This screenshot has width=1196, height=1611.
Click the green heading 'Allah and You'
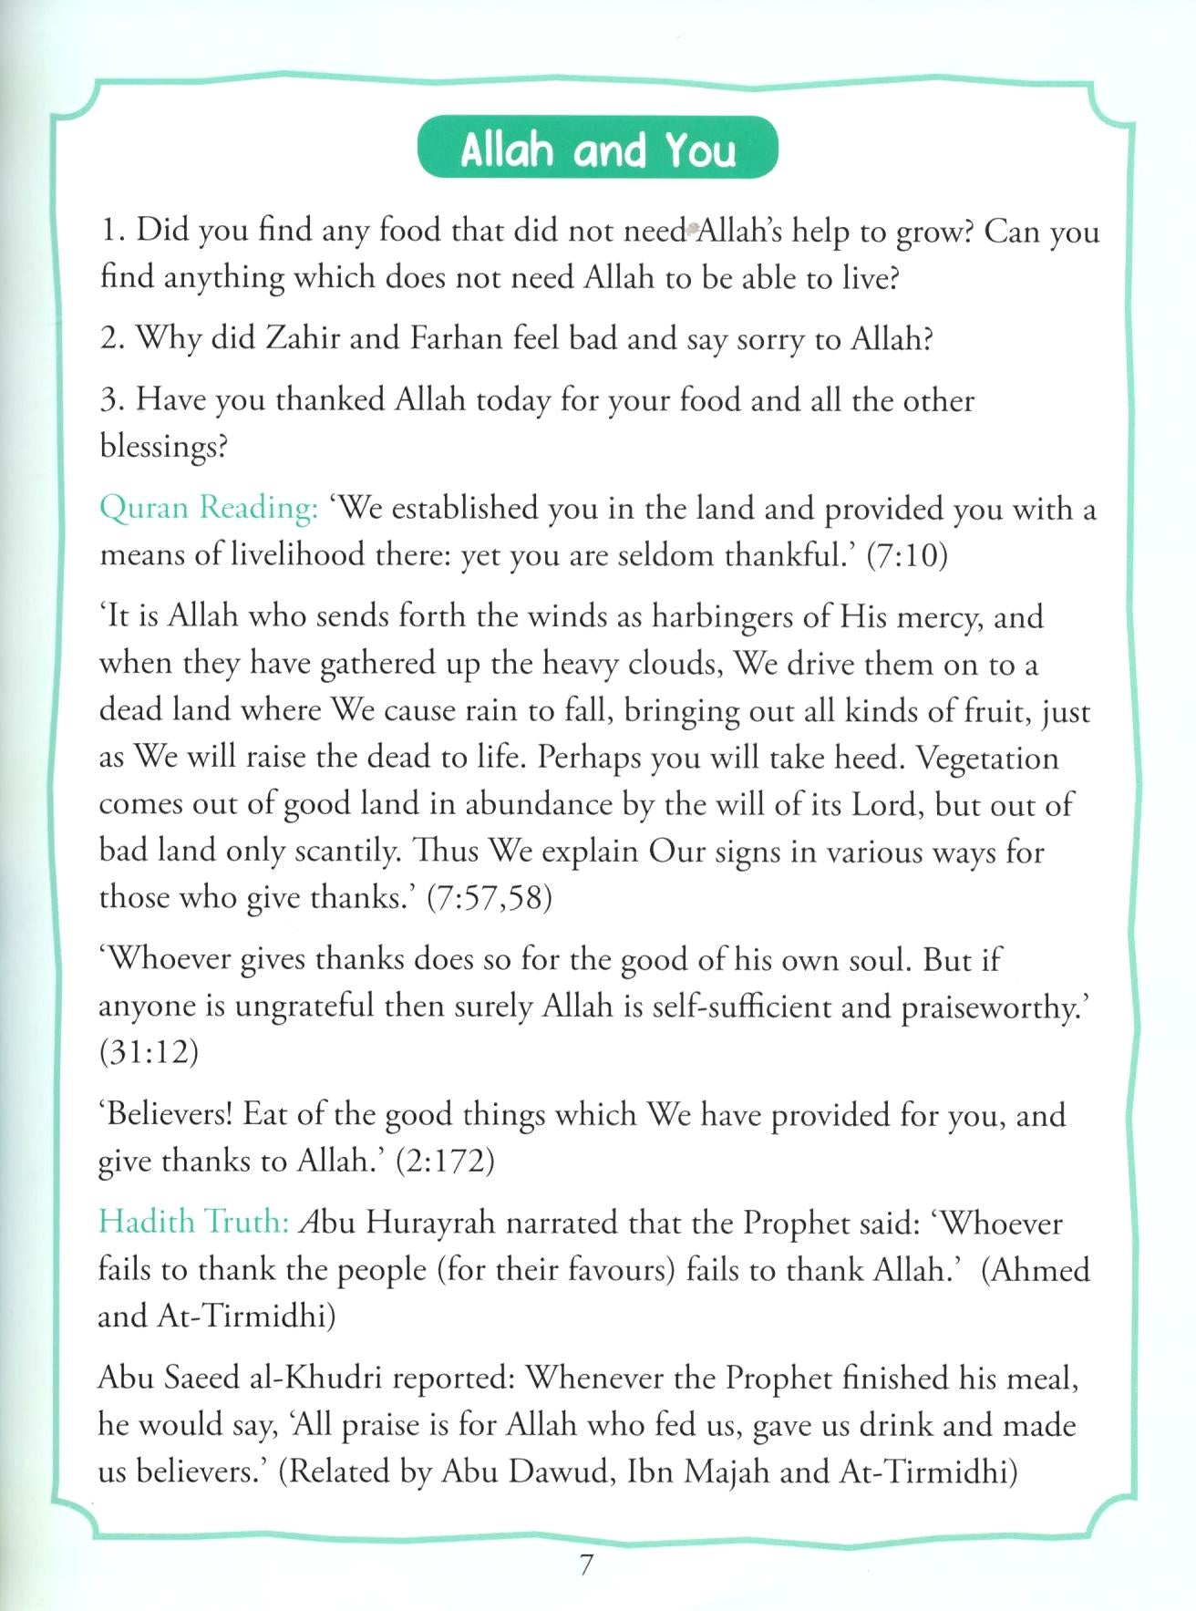[598, 149]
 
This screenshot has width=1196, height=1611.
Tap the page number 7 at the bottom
[586, 1565]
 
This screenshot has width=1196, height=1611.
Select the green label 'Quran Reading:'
[209, 508]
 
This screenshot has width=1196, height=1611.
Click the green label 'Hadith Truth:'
[193, 1223]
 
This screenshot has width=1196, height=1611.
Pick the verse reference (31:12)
[149, 1052]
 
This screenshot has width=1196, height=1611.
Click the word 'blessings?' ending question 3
[163, 447]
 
